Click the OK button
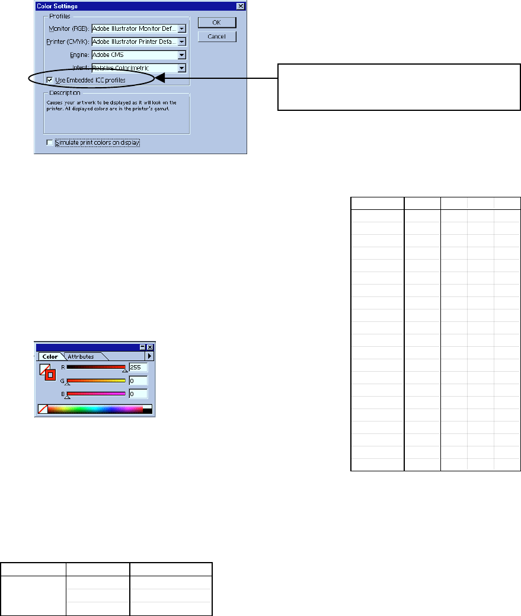(216, 23)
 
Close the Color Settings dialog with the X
(240, 6)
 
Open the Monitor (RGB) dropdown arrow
(182, 28)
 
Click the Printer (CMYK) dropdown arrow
(182, 42)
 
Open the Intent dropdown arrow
(182, 68)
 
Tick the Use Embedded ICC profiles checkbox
(49, 79)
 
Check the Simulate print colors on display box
(49, 142)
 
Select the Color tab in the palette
(50, 356)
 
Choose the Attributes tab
(81, 356)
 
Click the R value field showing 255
(138, 368)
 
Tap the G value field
(138, 381)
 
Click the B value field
(138, 394)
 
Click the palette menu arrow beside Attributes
(150, 356)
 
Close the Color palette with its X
(150, 347)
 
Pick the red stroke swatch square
(50, 374)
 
